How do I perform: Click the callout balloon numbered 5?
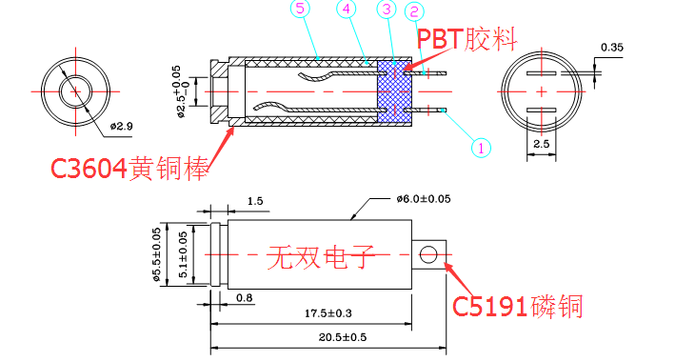pos(300,9)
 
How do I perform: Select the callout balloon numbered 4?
pos(347,9)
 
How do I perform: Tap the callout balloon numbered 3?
pos(387,10)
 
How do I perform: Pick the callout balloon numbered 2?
pos(414,11)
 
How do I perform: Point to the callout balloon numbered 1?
pos(481,148)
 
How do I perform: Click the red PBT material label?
pos(467,39)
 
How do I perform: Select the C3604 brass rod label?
pos(129,168)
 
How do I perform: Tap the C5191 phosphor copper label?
pos(518,307)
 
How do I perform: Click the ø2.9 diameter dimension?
pos(122,127)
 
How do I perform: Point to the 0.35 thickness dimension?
pos(612,48)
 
